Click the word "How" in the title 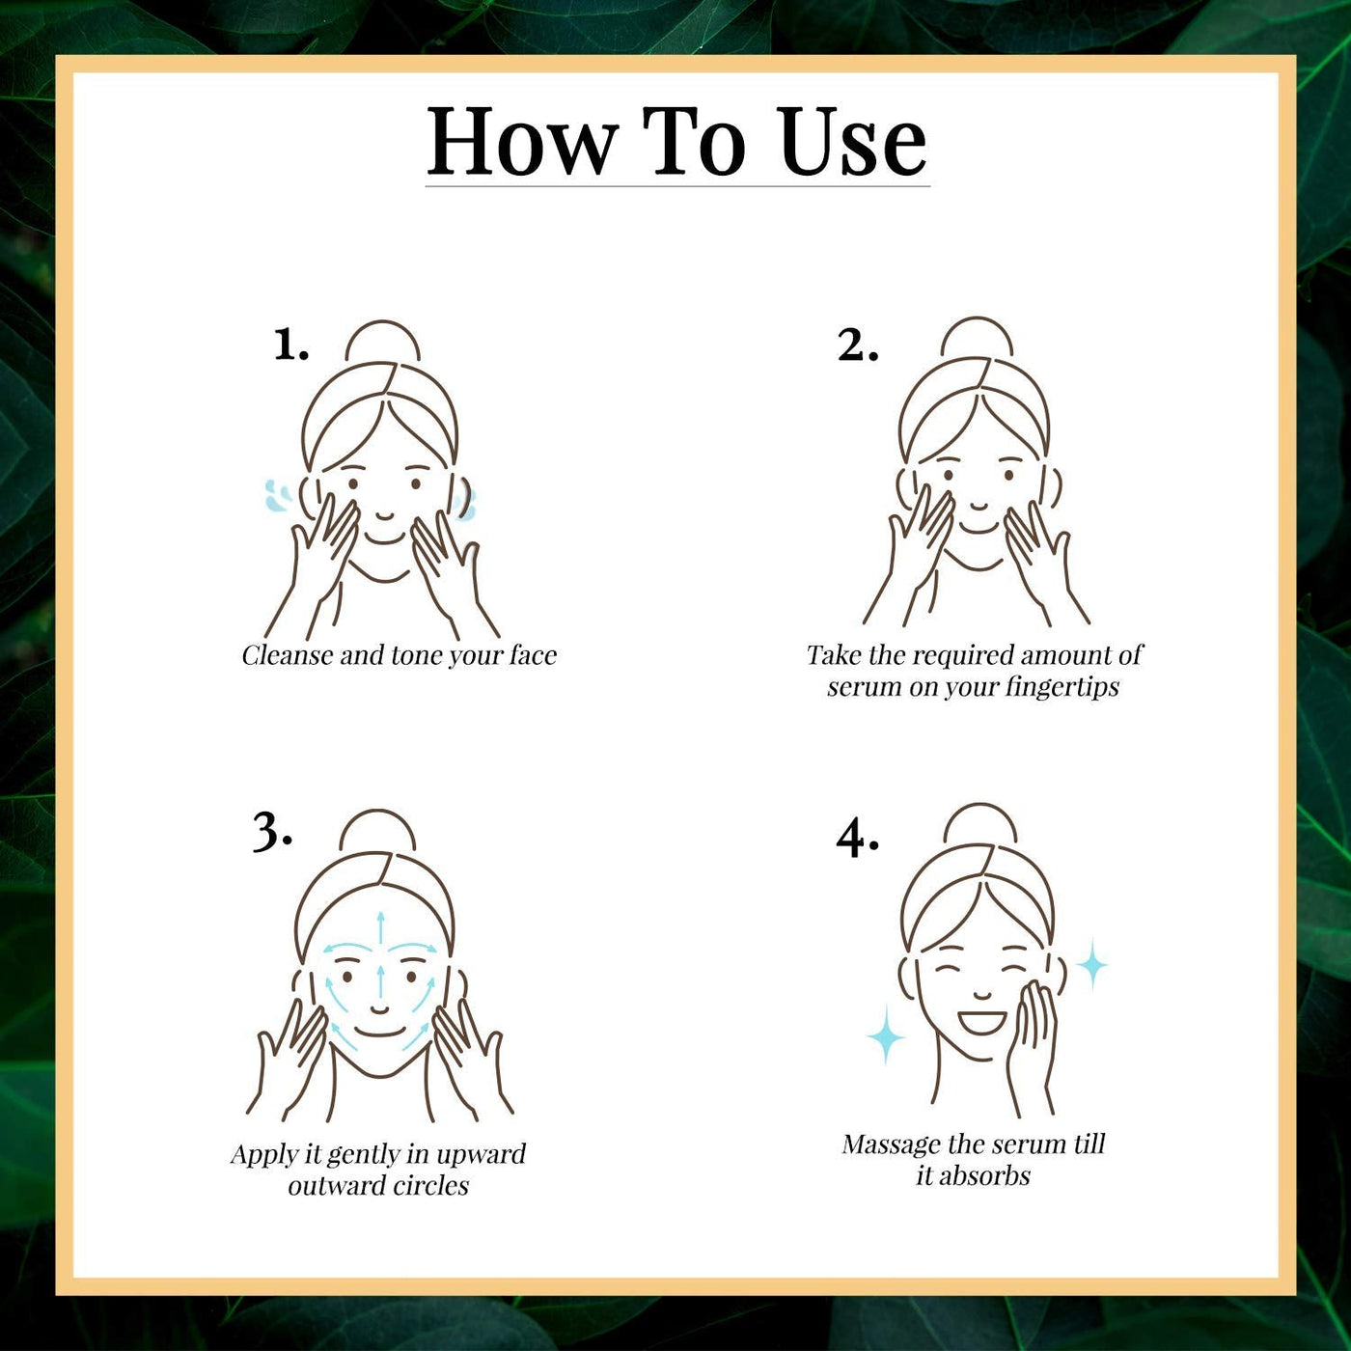click(524, 142)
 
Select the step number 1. click(291, 345)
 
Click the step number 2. click(858, 345)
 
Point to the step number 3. click(272, 833)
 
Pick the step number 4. click(857, 840)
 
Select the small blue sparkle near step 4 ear click(1090, 966)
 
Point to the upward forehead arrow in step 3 click(380, 931)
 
